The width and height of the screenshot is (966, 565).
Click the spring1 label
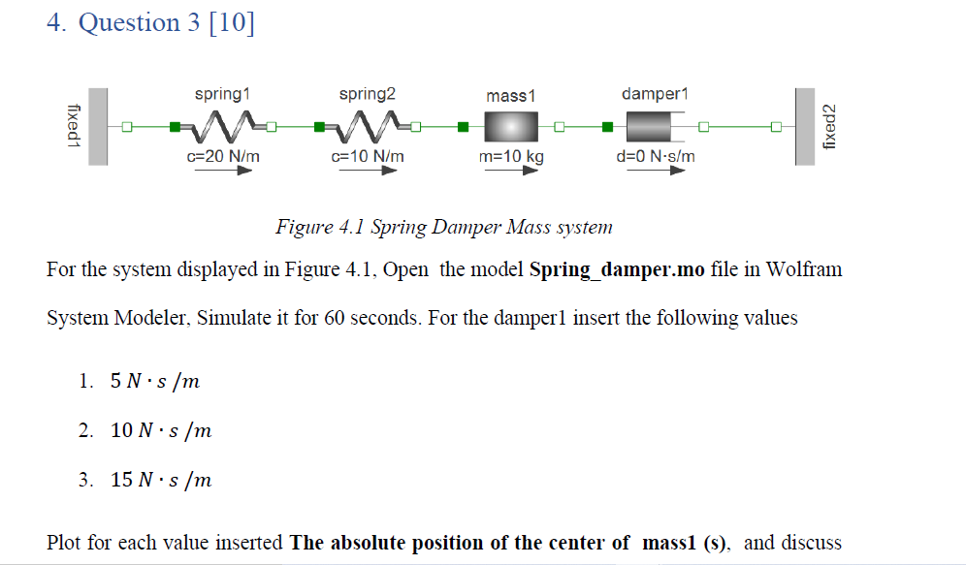222,94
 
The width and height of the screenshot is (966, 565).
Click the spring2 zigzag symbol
368,126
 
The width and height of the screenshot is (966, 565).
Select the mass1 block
510,127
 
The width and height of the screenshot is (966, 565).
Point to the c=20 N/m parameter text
223,155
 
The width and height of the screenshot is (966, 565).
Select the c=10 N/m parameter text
368,155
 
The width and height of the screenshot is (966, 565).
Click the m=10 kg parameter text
511,156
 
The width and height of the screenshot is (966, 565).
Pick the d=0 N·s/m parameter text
656,155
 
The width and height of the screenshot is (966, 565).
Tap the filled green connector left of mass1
463,126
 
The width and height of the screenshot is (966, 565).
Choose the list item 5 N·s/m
155,381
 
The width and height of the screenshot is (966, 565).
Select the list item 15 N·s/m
161,480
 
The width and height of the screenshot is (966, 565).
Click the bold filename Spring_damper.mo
617,268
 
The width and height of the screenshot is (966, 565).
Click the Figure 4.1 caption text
444,228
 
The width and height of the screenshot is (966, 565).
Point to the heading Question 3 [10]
167,22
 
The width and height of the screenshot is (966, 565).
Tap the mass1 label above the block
510,95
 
